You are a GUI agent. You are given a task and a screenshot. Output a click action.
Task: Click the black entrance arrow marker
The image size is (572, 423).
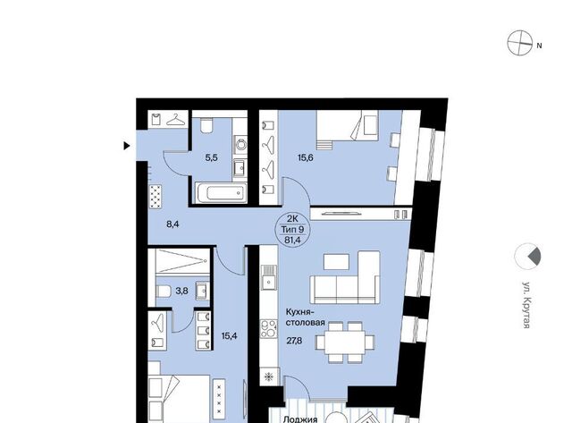point(127,146)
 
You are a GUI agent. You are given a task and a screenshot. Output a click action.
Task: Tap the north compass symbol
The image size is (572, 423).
point(520,43)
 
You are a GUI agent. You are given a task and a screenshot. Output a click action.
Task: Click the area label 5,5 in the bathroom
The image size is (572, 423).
point(211,157)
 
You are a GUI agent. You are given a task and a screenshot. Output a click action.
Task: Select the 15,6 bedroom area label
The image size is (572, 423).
point(306,157)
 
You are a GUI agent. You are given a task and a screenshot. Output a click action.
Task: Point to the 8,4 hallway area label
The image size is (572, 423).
point(172,224)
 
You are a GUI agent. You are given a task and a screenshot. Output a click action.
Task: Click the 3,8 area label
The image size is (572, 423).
point(181,291)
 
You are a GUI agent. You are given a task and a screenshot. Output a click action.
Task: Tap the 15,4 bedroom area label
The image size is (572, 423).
point(229,335)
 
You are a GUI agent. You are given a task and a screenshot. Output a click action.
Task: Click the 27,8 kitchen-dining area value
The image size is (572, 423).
point(294,341)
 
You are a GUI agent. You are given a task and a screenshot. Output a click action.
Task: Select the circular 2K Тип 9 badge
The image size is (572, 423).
point(292,230)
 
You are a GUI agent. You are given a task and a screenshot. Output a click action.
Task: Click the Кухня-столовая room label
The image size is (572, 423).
point(305,317)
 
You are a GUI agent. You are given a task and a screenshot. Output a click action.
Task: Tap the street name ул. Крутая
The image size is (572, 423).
point(526,305)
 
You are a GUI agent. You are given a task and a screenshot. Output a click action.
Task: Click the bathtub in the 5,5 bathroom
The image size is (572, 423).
point(222,192)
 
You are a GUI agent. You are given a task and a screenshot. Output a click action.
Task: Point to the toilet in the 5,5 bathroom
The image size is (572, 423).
point(207,125)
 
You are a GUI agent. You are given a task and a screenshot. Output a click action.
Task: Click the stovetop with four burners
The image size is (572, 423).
point(268,329)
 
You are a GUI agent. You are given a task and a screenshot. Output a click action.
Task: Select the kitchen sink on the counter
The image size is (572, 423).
point(269,277)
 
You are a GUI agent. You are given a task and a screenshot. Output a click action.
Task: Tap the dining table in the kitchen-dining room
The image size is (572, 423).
point(345,343)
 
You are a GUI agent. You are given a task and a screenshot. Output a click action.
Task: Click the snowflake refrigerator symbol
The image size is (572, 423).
point(269,376)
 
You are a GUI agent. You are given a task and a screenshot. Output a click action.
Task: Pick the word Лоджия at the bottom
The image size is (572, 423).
point(300,419)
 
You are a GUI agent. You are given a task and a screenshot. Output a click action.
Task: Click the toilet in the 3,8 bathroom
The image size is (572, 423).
point(163,292)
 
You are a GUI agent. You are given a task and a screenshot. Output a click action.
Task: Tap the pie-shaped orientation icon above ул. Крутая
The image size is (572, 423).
point(527,256)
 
